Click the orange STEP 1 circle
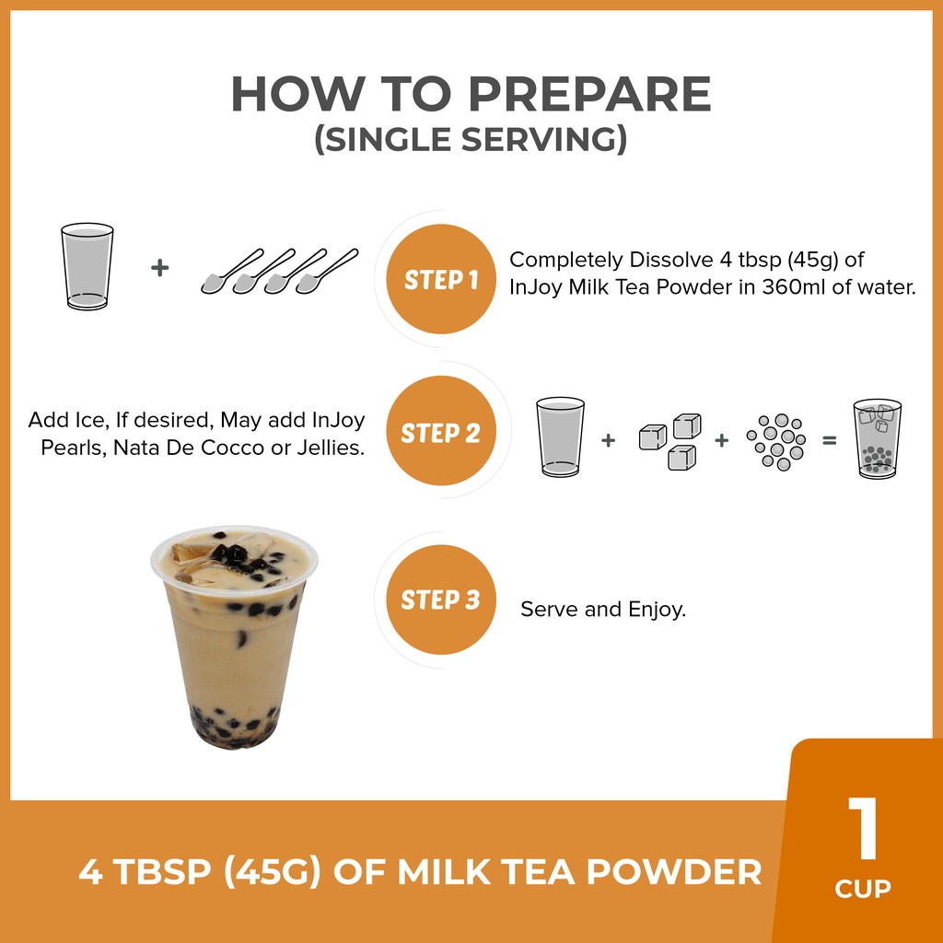coord(441,279)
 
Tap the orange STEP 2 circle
coord(441,431)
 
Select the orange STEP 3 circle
coord(441,600)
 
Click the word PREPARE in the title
coord(589,94)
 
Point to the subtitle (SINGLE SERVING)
coord(471,139)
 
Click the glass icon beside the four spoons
coord(87,266)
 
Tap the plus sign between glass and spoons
coord(159,268)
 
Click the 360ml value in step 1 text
coord(794,287)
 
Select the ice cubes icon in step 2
coord(670,441)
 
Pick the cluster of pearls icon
coord(776,441)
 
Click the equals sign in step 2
coord(830,441)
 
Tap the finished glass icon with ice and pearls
coord(878,438)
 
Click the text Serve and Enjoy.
coord(603,610)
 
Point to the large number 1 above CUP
coord(864,828)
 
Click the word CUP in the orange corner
coord(863,889)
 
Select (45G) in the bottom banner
coord(273,872)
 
